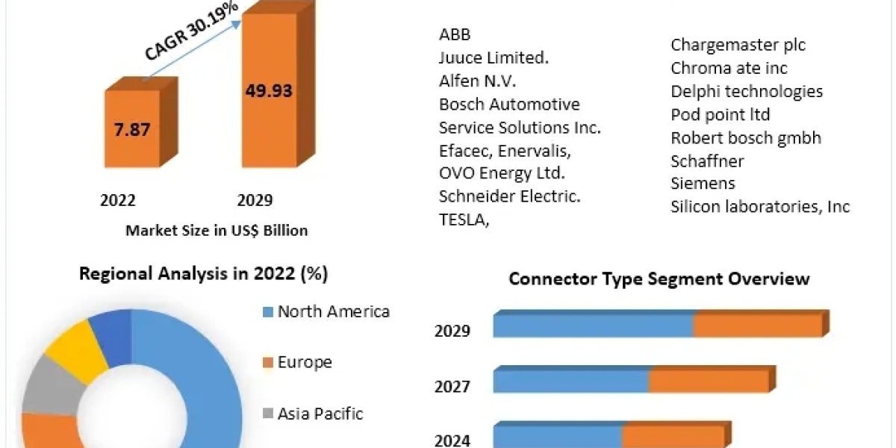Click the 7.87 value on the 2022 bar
pos(132,129)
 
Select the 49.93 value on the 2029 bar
pos(269,91)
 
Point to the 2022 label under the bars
pos(118,200)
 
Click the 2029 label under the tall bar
pos(255,200)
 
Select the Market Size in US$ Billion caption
pos(217,231)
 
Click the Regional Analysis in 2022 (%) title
pos(204,274)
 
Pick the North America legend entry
pos(333,311)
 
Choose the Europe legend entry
pos(305,363)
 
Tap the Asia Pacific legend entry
pos(320,413)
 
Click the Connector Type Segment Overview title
pos(659,279)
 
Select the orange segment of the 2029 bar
pos(757,326)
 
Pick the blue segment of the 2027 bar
pos(570,381)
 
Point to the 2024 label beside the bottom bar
pos(452,441)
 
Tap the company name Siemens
pos(703,183)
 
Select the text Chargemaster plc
pos(738,45)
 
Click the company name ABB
pos(455,34)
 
